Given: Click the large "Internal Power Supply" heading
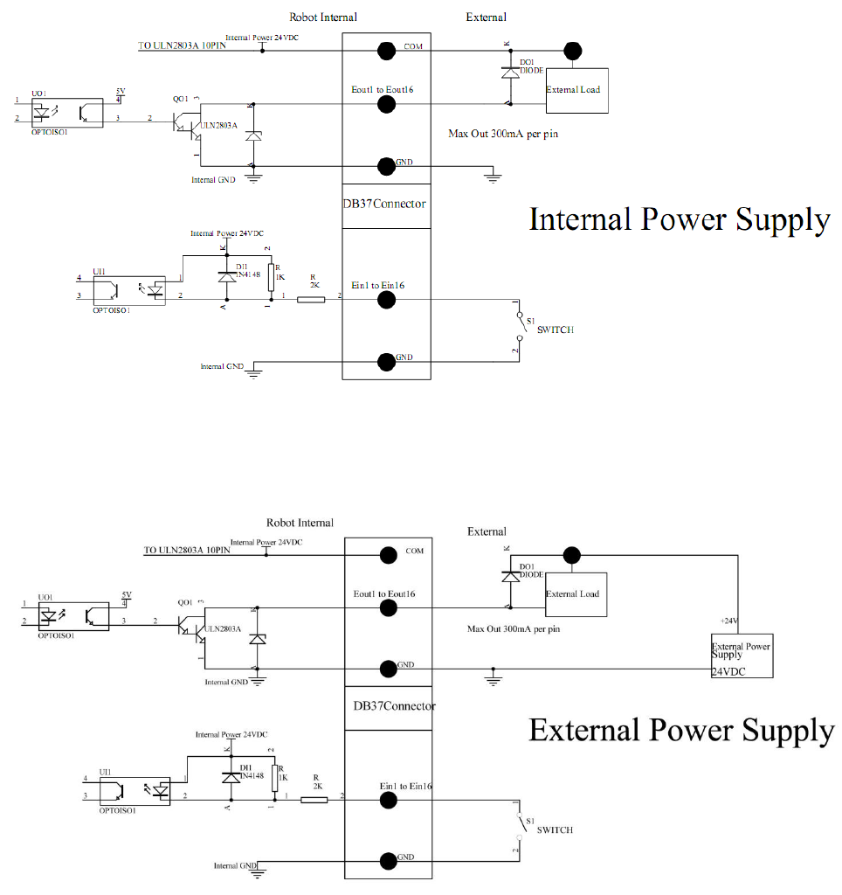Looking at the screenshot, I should [x=679, y=219].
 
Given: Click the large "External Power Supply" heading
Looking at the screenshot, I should [x=681, y=729].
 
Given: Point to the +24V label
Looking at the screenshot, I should [x=729, y=621].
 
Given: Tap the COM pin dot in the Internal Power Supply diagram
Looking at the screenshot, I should [x=384, y=50].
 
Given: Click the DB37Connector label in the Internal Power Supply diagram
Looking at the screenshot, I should [x=385, y=205].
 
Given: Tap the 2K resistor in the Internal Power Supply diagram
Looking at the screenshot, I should [x=310, y=300].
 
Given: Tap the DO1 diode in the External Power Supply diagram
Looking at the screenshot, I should [x=507, y=578].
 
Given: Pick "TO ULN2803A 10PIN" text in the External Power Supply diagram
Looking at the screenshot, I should [x=187, y=551].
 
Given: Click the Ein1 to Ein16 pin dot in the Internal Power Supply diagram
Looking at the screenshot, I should [x=384, y=300].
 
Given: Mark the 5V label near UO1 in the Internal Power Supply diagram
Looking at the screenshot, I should [x=121, y=90].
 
